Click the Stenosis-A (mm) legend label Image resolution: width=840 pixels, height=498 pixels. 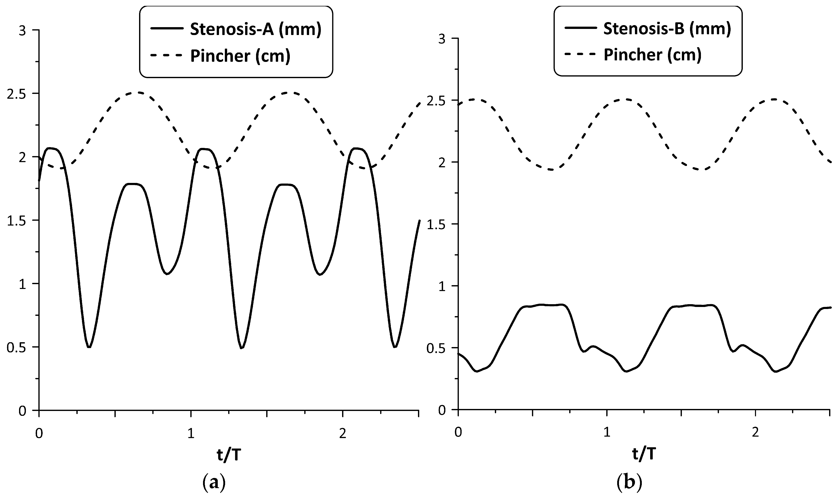pyautogui.click(x=255, y=29)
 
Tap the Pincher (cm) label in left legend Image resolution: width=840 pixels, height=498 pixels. pyautogui.click(x=240, y=56)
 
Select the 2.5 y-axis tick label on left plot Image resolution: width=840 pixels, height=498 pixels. pyautogui.click(x=17, y=94)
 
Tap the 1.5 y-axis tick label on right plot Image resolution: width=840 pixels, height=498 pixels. pyautogui.click(x=435, y=224)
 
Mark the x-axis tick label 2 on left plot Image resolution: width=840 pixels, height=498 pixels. pyautogui.click(x=342, y=434)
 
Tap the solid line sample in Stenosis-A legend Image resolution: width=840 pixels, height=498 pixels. pyautogui.click(x=166, y=29)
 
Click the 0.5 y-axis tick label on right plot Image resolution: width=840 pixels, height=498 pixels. pyautogui.click(x=435, y=348)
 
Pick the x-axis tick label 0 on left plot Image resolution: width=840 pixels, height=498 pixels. pyautogui.click(x=39, y=434)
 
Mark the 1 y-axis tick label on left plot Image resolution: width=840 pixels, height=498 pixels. pyautogui.click(x=22, y=284)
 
